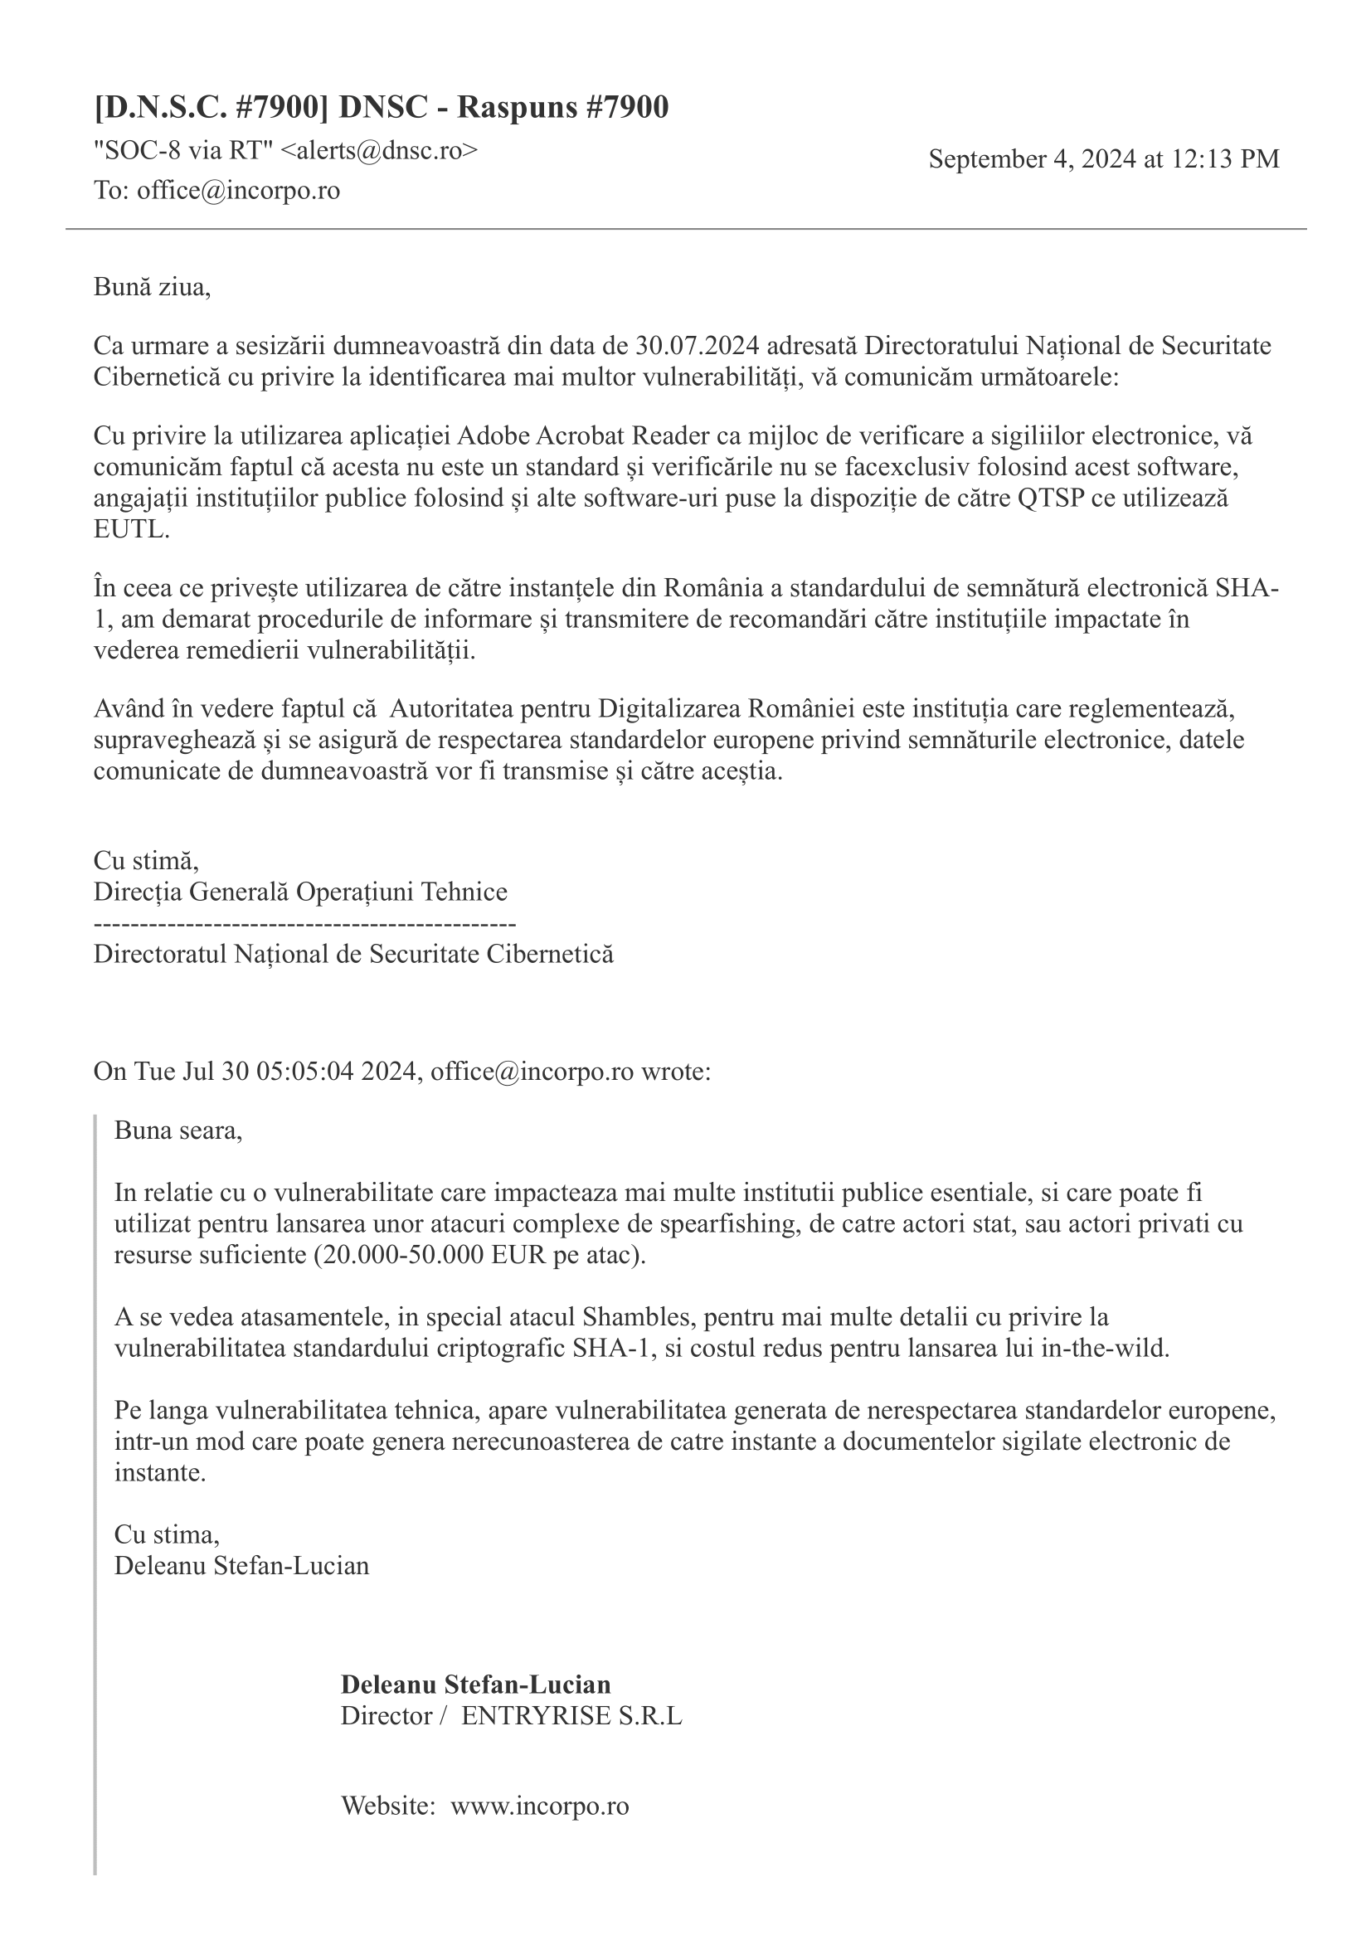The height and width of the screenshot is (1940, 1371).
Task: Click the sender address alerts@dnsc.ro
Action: click(x=378, y=150)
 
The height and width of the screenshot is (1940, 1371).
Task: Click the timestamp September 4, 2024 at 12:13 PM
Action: click(x=1103, y=159)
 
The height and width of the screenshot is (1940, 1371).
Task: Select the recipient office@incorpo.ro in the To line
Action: click(x=238, y=190)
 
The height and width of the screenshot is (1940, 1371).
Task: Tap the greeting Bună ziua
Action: click(x=151, y=287)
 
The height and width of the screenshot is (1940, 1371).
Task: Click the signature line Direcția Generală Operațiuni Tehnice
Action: click(x=300, y=892)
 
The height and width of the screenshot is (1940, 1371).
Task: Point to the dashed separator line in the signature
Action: click(x=304, y=923)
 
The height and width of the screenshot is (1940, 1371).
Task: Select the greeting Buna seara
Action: click(x=177, y=1130)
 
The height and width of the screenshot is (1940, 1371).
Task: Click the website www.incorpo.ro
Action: click(x=539, y=1806)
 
